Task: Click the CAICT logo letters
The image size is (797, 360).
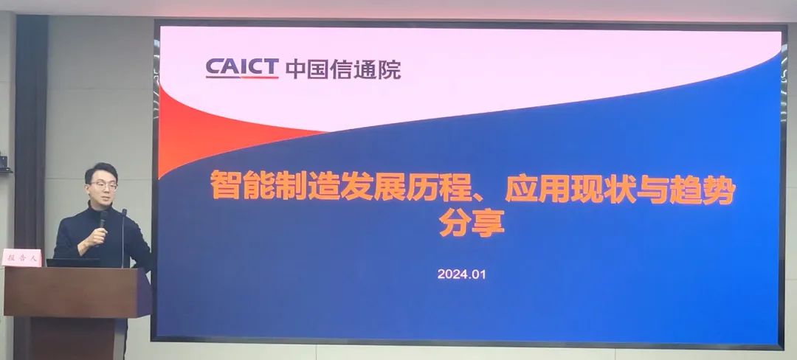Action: coord(242,69)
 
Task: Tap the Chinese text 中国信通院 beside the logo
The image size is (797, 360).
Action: coord(343,69)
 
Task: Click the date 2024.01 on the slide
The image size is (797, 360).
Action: coord(461,274)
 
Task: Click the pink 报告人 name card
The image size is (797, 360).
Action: coord(22,257)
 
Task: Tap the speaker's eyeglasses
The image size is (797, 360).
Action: coord(103,186)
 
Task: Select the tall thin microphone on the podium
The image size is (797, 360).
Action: coord(123,238)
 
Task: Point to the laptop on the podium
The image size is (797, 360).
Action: coord(72,263)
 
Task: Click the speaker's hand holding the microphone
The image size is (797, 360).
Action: coord(94,237)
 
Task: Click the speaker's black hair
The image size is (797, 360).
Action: coord(101,171)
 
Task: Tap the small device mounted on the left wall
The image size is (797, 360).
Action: coord(5,164)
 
